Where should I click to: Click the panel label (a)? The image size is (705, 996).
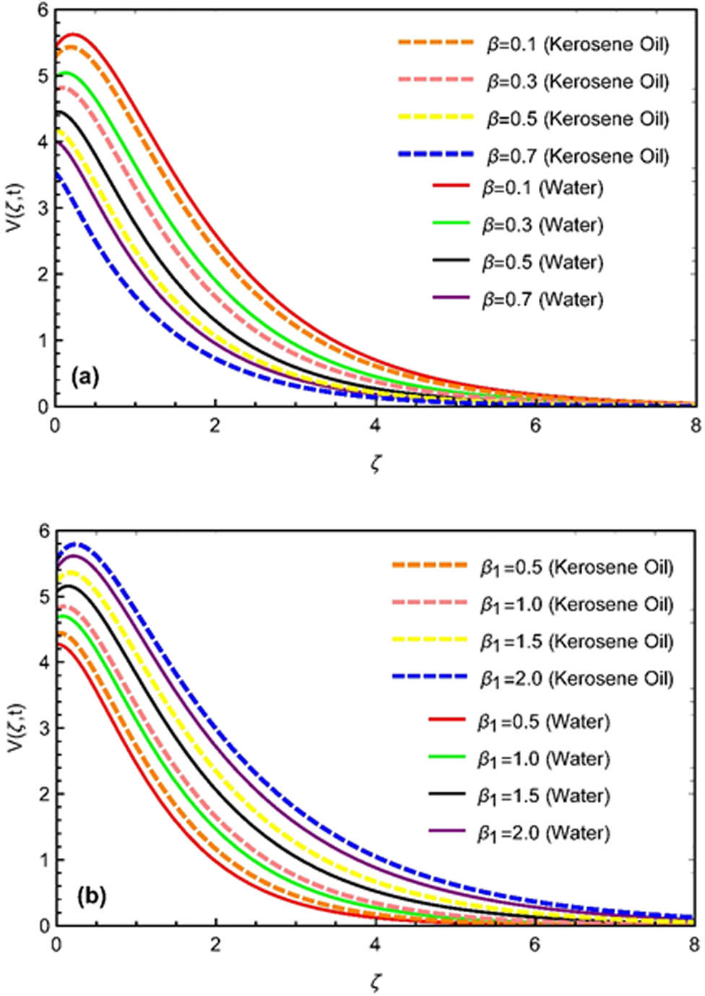pyautogui.click(x=85, y=376)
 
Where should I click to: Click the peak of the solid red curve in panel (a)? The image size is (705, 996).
pyautogui.click(x=74, y=34)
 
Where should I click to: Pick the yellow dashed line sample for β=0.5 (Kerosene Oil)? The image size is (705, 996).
pyautogui.click(x=436, y=117)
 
